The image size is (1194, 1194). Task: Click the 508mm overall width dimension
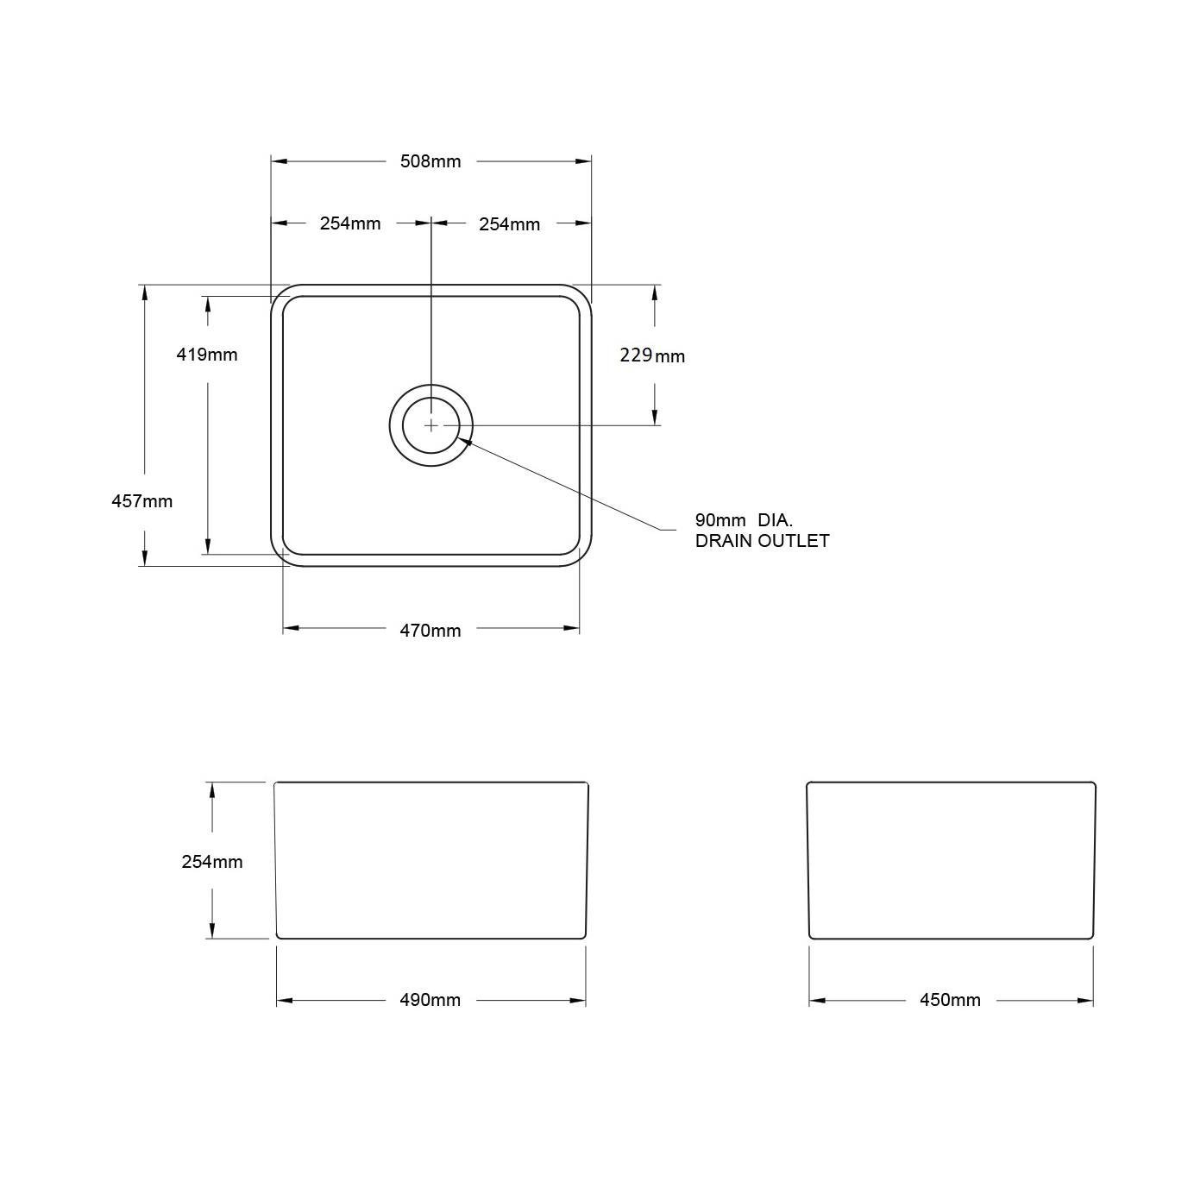click(x=430, y=161)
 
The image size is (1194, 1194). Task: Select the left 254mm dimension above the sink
click(x=349, y=223)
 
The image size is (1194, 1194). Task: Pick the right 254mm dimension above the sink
click(x=509, y=224)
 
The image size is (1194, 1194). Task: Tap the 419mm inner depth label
click(x=207, y=355)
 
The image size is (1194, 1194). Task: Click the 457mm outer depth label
click(x=142, y=501)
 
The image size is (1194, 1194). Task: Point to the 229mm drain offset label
click(x=652, y=355)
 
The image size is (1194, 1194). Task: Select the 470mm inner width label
click(x=430, y=631)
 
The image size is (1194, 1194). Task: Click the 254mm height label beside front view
click(x=212, y=862)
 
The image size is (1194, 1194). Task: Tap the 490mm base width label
click(x=430, y=1000)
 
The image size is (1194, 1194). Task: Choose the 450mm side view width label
click(x=950, y=1000)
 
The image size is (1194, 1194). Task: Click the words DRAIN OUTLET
click(x=762, y=541)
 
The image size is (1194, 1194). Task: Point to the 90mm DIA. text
click(x=744, y=520)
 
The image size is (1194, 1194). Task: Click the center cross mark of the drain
click(x=430, y=425)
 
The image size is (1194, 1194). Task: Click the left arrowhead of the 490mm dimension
click(x=284, y=1001)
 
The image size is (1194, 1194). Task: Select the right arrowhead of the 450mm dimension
click(x=1086, y=1001)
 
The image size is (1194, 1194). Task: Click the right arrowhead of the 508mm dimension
click(x=584, y=161)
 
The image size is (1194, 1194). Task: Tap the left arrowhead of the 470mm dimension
click(x=291, y=629)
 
